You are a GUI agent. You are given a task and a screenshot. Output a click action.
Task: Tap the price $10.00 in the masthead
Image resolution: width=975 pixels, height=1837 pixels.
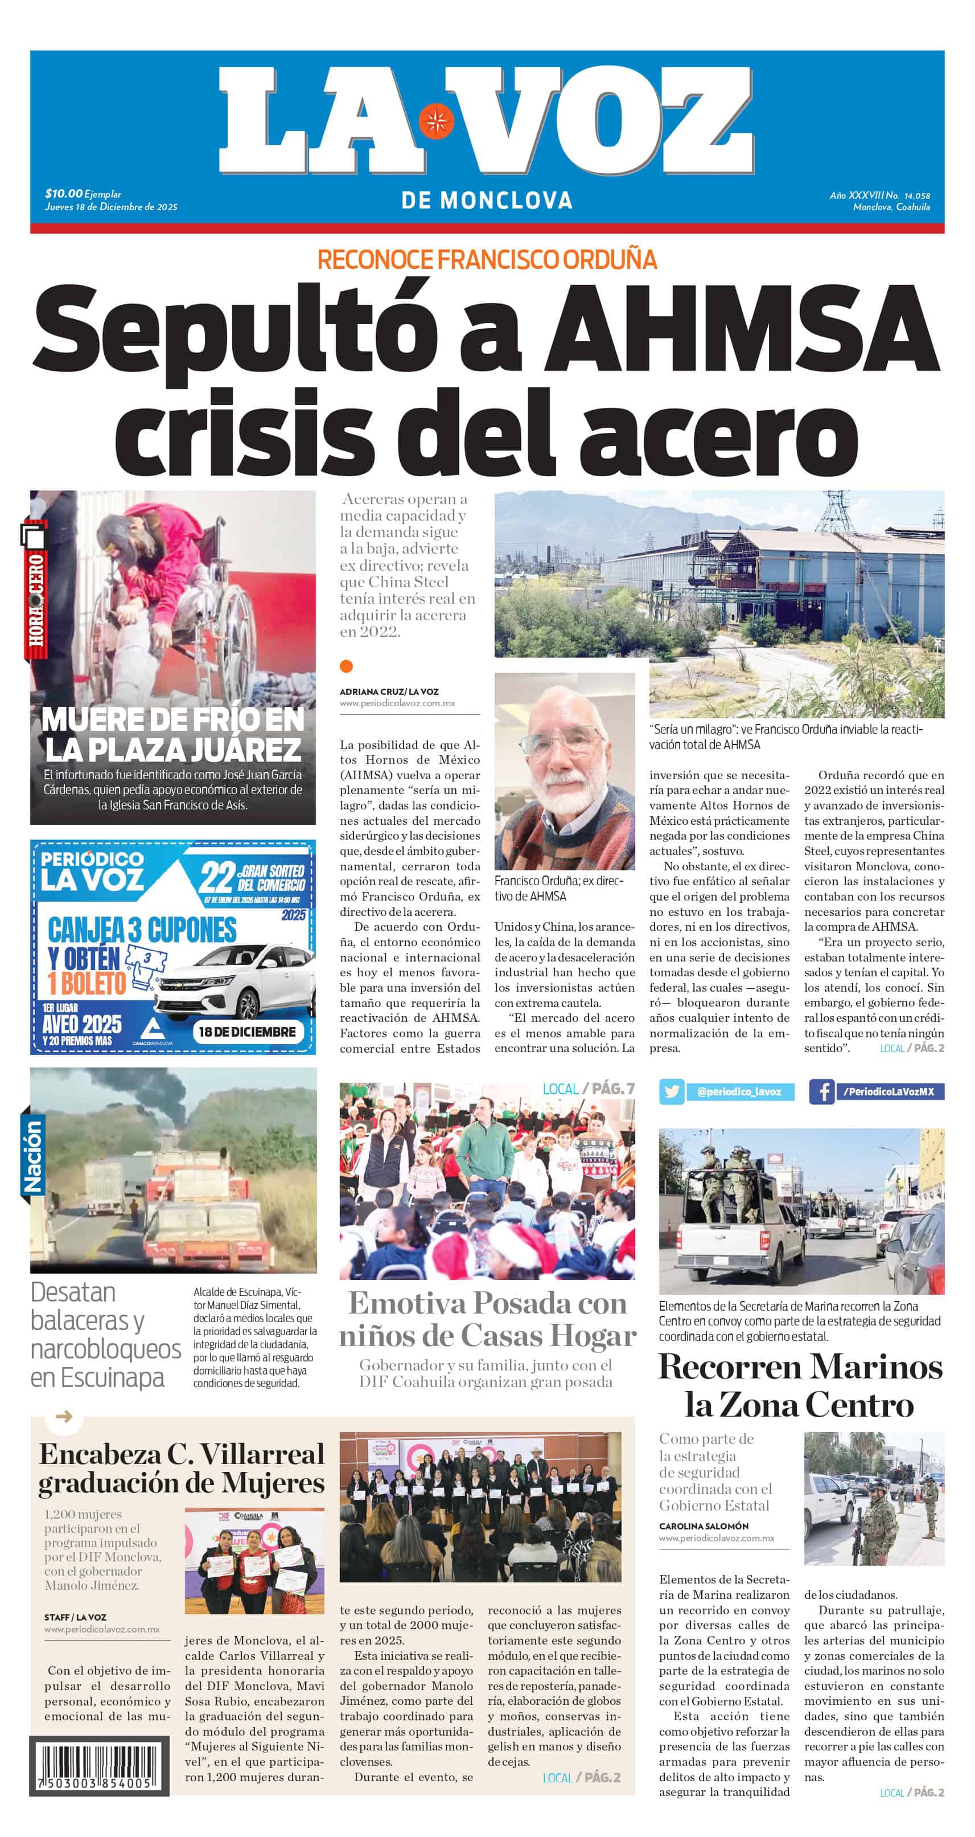(63, 193)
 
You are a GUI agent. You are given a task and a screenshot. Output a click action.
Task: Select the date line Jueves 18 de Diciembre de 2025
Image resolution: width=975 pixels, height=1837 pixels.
(111, 207)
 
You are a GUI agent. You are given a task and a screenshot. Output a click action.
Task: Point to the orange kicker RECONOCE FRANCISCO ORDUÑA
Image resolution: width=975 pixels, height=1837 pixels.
(487, 260)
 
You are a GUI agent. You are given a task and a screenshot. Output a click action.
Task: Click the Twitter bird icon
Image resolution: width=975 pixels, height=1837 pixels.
(670, 1091)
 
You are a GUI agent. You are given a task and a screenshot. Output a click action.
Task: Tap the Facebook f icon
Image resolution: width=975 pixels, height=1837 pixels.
(822, 1091)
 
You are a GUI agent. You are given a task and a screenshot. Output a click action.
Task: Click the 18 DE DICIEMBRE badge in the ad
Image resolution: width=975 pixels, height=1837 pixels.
(246, 1031)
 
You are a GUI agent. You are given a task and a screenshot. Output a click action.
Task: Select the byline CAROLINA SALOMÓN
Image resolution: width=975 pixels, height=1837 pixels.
(704, 1525)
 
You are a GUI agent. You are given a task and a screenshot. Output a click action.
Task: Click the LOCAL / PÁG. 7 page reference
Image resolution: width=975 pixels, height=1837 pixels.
(588, 1088)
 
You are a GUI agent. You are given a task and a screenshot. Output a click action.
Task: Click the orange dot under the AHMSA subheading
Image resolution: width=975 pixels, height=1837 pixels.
(347, 666)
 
